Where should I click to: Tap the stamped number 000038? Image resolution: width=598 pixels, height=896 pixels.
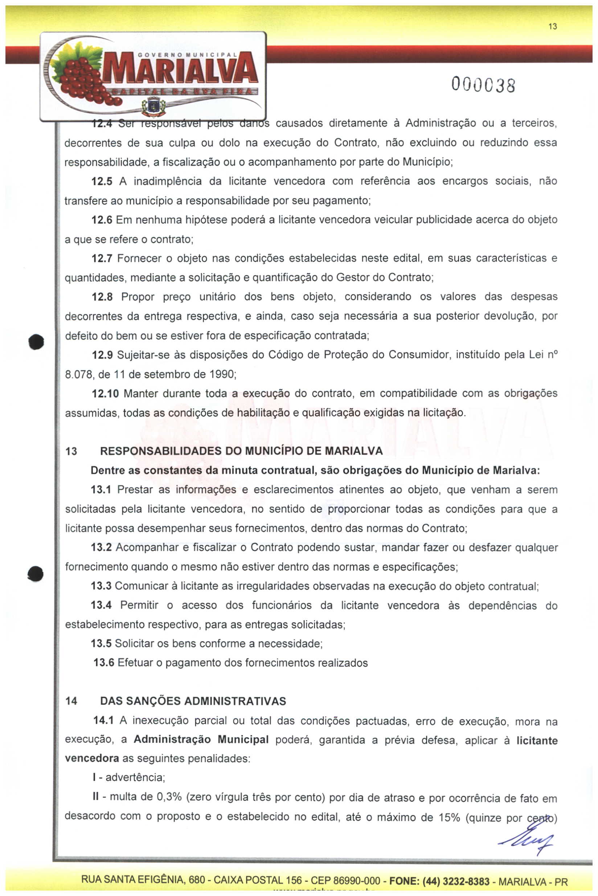[x=483, y=85]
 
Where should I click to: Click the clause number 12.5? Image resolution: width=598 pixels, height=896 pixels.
[x=102, y=181]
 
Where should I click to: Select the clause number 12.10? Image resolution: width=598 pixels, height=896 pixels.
[x=105, y=393]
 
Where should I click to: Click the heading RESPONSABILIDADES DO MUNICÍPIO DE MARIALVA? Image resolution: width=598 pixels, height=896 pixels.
[x=241, y=451]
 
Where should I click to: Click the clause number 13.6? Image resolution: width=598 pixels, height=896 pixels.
[x=104, y=663]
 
